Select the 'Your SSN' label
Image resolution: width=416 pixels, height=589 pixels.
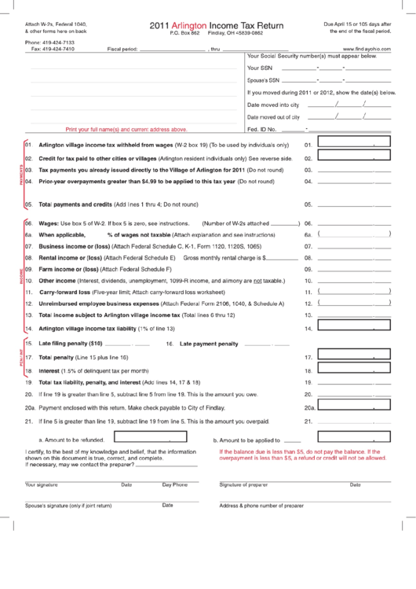click(x=259, y=68)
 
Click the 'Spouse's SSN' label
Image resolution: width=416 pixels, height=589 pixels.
click(x=263, y=80)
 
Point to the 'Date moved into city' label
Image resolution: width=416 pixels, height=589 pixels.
click(x=273, y=104)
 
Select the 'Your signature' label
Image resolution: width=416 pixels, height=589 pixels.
click(x=42, y=484)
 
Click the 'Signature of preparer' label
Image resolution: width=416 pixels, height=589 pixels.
click(x=244, y=484)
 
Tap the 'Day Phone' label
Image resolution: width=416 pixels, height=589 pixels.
click(x=175, y=484)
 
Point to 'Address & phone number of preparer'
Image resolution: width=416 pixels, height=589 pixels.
click(x=261, y=506)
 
